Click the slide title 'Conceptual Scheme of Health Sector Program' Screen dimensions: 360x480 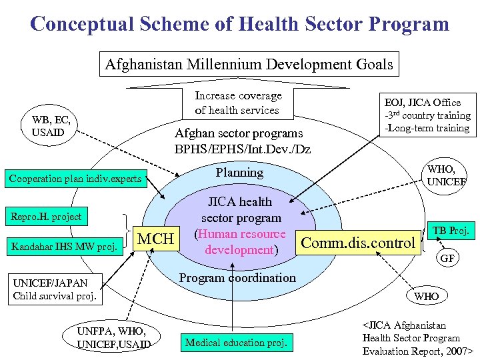(x=240, y=25)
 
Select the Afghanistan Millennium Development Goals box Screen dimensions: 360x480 (x=249, y=65)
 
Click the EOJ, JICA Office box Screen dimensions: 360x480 (x=426, y=115)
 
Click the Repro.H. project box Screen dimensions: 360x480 (x=45, y=216)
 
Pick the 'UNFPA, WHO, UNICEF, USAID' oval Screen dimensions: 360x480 (x=113, y=337)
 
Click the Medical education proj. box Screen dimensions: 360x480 (x=236, y=343)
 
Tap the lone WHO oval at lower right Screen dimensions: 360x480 (x=427, y=295)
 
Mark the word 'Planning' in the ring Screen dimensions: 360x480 (x=239, y=172)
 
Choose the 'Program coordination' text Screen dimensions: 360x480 (x=238, y=277)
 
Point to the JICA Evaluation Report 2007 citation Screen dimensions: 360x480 (x=417, y=337)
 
